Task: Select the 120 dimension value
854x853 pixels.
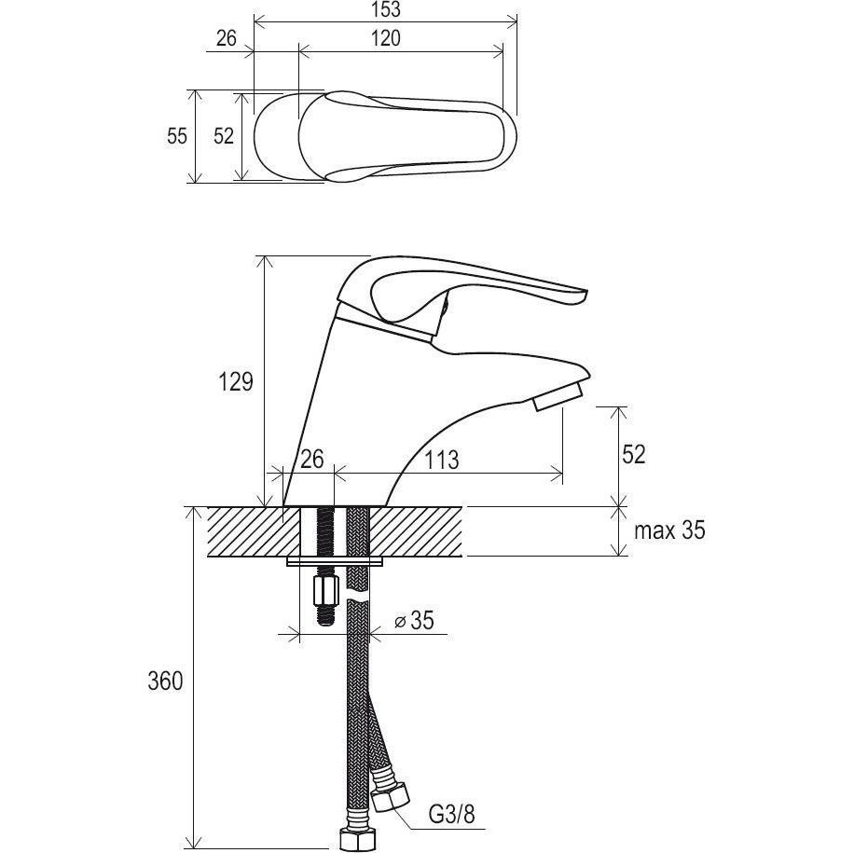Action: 384,38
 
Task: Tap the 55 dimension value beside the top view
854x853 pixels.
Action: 177,136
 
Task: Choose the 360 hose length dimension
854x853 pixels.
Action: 165,681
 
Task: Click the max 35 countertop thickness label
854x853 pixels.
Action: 669,531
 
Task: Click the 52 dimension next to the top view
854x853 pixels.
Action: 224,136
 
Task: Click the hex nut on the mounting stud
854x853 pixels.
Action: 325,590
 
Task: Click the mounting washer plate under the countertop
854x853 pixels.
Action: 336,561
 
